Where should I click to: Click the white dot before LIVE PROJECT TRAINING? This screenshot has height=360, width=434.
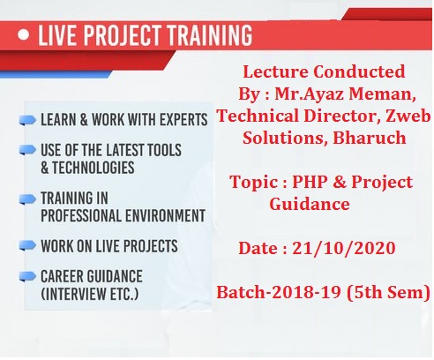coord(24,34)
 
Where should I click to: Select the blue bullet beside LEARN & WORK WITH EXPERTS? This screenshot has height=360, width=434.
coord(27,120)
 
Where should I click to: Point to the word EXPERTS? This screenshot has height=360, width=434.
coord(183,120)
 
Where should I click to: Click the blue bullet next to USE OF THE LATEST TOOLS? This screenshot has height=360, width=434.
coord(27,150)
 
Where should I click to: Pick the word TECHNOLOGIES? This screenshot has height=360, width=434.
coord(94,168)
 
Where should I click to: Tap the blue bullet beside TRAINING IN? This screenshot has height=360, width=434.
coord(27,199)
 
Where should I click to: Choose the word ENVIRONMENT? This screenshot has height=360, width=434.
coord(165,215)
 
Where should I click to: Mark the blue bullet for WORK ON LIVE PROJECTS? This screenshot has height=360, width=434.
coord(27,245)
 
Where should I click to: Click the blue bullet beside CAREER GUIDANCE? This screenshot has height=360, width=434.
coord(27,276)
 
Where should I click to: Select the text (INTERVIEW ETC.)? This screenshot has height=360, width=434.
coord(90,294)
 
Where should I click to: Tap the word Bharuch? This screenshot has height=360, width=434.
coord(370,138)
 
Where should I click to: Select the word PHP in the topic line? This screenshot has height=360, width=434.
coord(310,182)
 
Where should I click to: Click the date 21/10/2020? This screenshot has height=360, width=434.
coord(344,248)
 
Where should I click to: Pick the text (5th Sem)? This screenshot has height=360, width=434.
coord(388,292)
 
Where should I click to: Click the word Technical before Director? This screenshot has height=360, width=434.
coord(258,116)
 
